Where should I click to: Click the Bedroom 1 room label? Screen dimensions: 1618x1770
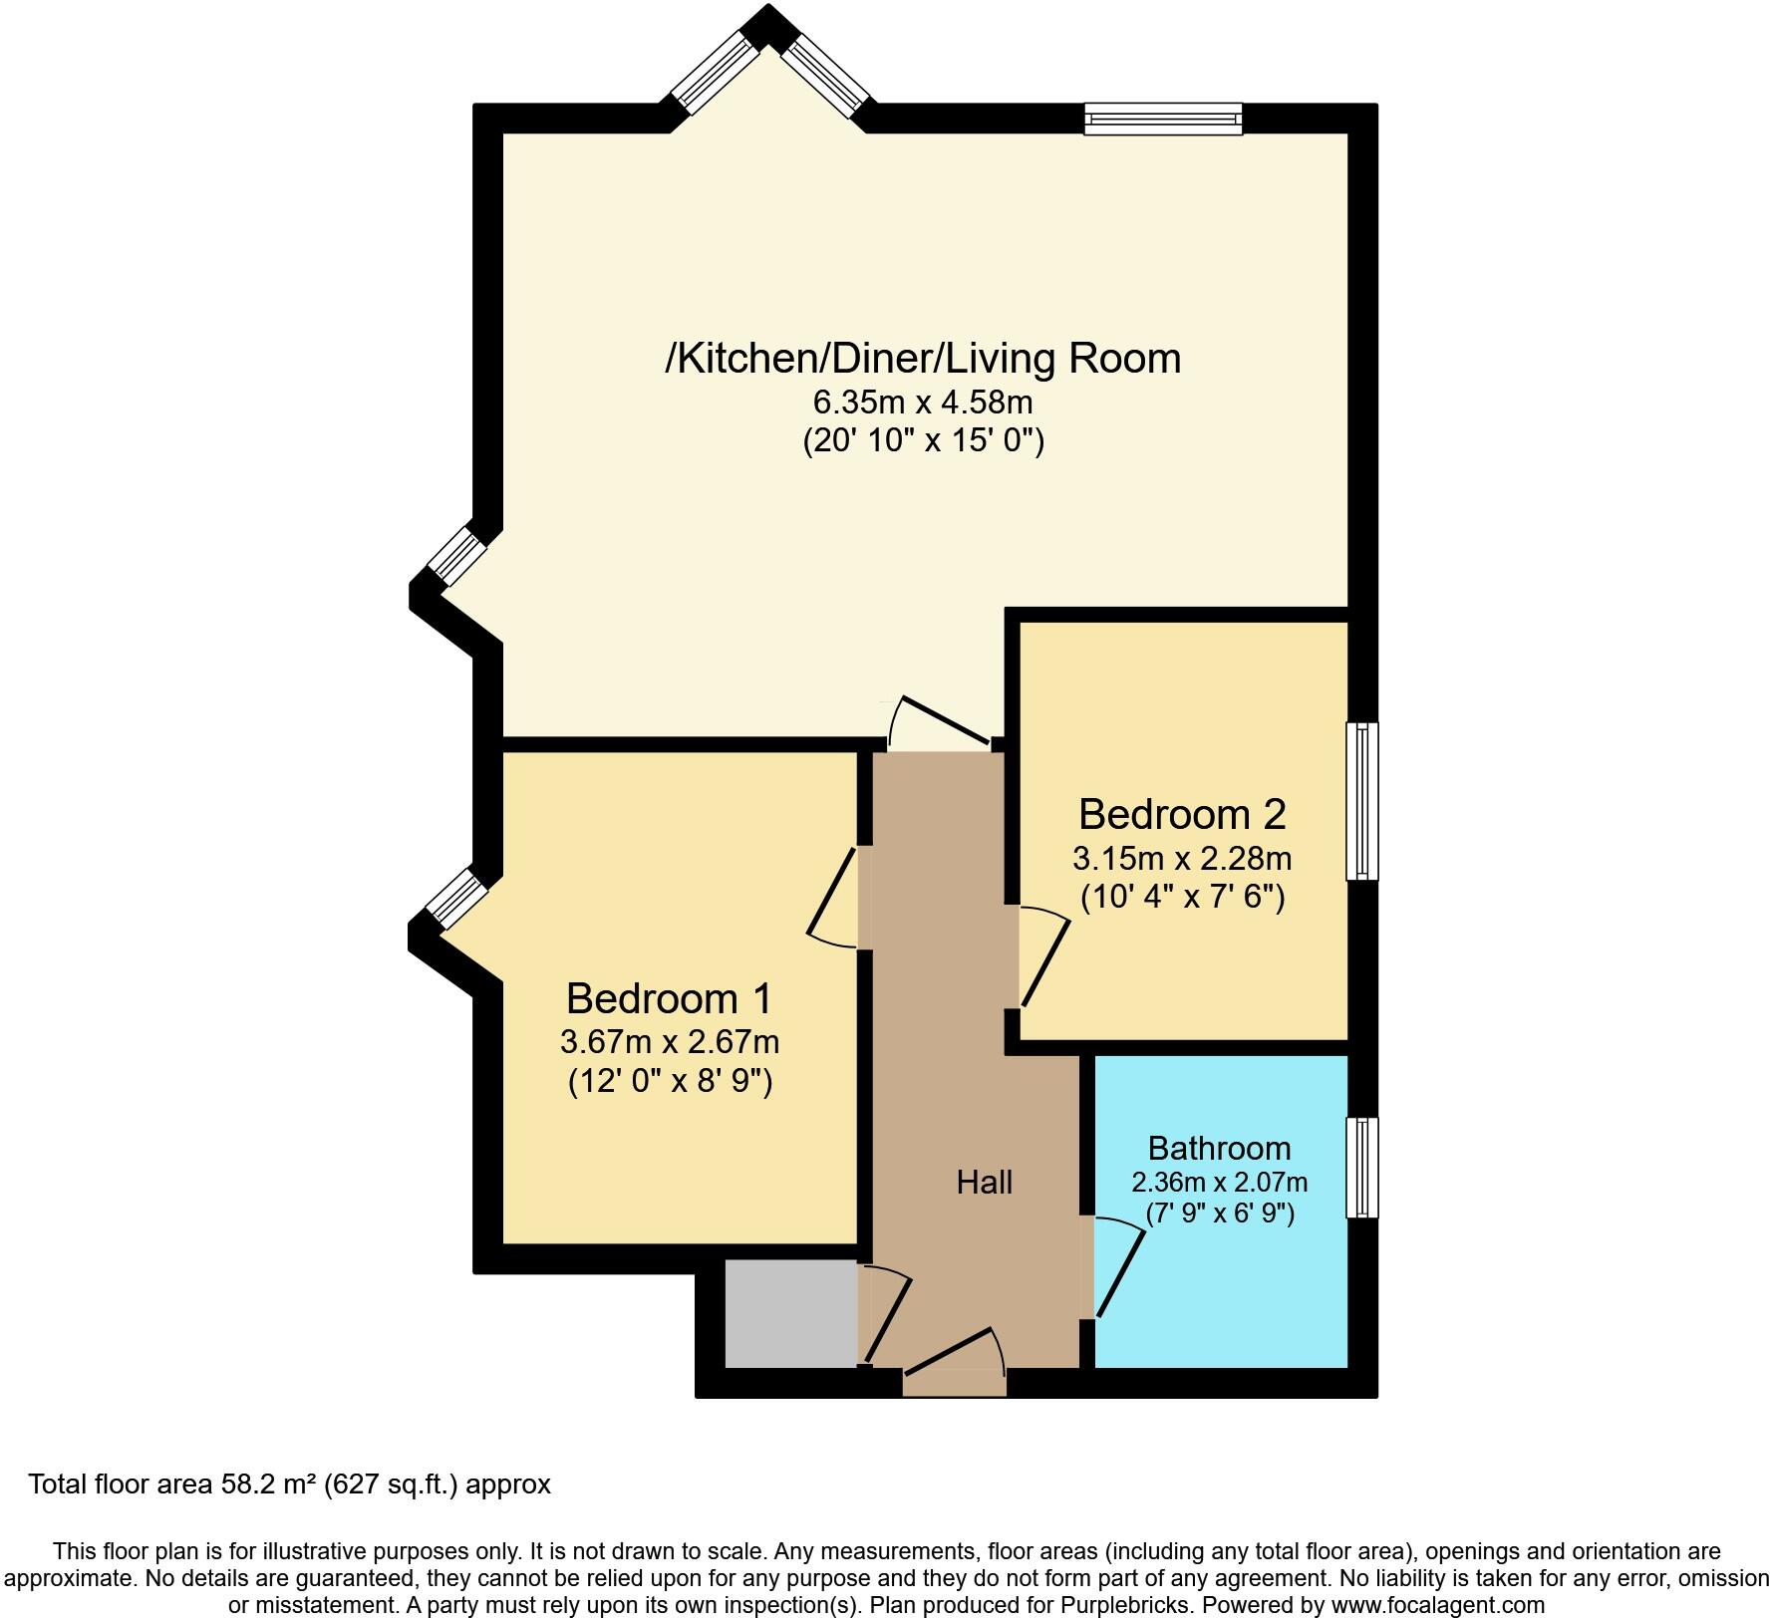[669, 997]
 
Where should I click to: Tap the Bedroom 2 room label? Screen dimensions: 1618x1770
[1182, 814]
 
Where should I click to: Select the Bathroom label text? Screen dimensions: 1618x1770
[1219, 1148]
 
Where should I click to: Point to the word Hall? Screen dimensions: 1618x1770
[985, 1183]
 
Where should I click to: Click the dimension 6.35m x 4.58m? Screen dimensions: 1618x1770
[923, 403]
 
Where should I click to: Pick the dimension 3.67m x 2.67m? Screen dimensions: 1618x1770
[669, 1042]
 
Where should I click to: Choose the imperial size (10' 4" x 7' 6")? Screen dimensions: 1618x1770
[1182, 898]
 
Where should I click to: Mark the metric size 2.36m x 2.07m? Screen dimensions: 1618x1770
[1219, 1183]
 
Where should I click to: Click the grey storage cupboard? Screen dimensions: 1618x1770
[790, 1313]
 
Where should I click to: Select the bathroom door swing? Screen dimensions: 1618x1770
[1116, 1270]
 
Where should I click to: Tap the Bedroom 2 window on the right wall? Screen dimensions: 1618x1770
[1362, 801]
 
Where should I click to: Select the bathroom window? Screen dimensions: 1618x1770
[1362, 1167]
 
